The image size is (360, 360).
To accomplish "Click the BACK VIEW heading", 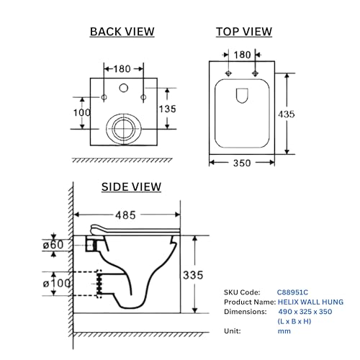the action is click(x=122, y=32).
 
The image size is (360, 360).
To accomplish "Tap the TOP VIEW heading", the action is click(x=244, y=32).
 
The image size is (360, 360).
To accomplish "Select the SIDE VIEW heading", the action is click(x=131, y=187).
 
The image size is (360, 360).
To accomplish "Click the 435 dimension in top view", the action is click(x=287, y=114).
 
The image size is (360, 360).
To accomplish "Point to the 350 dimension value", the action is click(x=242, y=163).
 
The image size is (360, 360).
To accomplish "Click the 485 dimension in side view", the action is click(x=125, y=215).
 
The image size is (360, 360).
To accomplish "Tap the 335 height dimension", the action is click(x=193, y=275).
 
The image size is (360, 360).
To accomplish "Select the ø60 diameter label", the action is click(x=53, y=245).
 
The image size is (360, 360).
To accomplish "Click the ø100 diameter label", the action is click(x=57, y=284).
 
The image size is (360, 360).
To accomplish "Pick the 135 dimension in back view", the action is click(x=168, y=109).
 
